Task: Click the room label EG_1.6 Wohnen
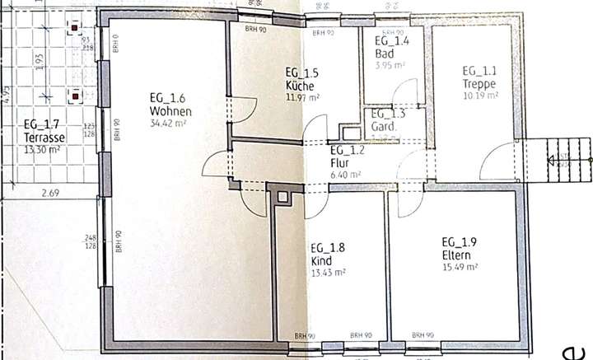170,105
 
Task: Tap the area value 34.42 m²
167,124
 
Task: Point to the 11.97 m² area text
301,96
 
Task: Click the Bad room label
384,53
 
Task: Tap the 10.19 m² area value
479,96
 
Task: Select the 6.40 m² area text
345,175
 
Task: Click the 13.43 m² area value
327,272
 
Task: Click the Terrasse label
44,138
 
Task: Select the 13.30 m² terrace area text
43,149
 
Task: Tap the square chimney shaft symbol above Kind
284,196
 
